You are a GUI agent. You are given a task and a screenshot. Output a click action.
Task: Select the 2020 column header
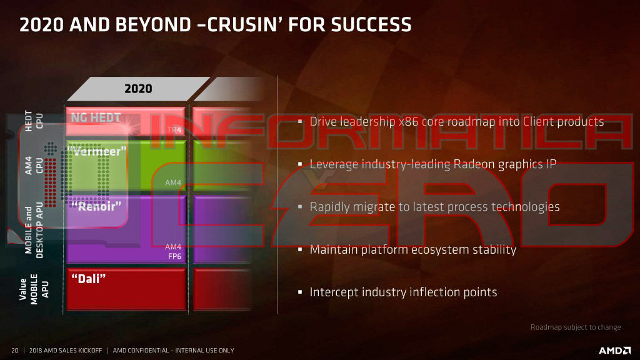[x=138, y=88]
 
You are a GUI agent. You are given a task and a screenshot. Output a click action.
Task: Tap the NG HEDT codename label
[x=96, y=117]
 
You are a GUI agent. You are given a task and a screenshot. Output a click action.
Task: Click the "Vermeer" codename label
[x=100, y=151]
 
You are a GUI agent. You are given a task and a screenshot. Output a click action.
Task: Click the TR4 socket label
[x=174, y=131]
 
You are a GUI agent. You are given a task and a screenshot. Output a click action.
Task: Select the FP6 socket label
[x=174, y=256]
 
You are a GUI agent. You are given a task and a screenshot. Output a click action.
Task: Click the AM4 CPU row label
[x=34, y=165]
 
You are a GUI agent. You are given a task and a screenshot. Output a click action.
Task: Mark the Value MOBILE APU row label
[x=34, y=288]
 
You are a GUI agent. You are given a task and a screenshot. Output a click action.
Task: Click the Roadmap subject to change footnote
[x=576, y=327]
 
